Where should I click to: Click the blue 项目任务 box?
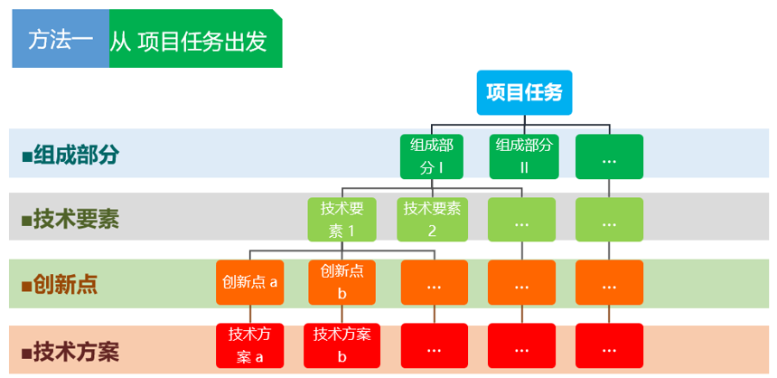[x=524, y=92]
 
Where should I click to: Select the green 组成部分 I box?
[x=432, y=156]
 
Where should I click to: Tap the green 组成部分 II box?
[x=524, y=156]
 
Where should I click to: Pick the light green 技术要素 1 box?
[x=342, y=220]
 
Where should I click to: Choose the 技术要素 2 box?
[x=432, y=220]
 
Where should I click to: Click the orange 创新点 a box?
[x=249, y=282]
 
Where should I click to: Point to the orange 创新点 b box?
[x=342, y=282]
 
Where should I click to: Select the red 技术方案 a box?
[x=249, y=345]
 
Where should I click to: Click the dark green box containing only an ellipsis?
[x=609, y=156]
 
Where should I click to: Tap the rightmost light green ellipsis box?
[x=609, y=220]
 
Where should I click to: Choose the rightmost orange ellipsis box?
[x=609, y=282]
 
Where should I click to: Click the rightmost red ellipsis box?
[x=609, y=345]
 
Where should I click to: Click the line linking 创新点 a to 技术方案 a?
[x=249, y=314]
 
